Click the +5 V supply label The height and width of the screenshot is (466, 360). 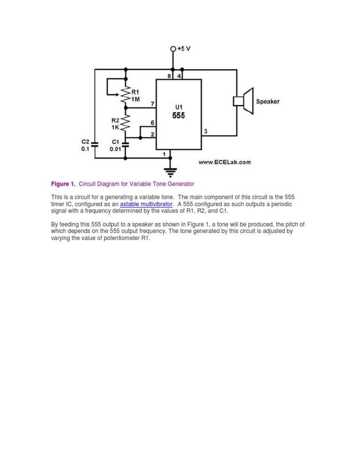point(183,49)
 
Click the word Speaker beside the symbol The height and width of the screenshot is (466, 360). point(268,101)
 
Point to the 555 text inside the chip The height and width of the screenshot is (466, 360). point(178,115)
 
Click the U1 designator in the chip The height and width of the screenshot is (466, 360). point(178,107)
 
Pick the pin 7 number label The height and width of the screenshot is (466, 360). point(152,103)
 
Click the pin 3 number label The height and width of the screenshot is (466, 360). point(206,132)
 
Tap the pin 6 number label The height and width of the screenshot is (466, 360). point(152,122)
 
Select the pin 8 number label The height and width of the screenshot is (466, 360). point(169,75)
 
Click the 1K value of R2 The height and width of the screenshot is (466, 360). point(115,127)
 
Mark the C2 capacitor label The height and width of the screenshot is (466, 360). point(85,142)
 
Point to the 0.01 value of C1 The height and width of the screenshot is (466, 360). point(115,149)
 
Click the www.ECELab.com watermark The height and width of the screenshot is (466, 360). point(225,162)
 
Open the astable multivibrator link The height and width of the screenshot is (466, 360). point(146,204)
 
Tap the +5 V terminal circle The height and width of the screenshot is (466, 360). point(173,49)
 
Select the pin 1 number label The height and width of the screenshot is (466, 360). point(164,154)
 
